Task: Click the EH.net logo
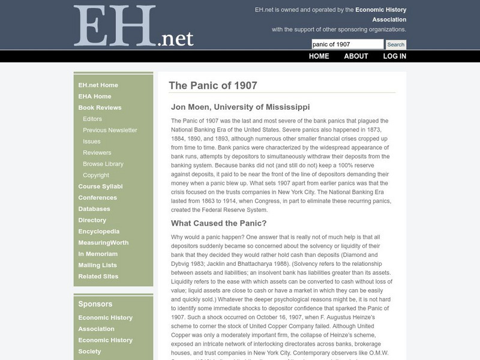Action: pyautogui.click(x=133, y=27)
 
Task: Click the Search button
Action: pyautogui.click(x=395, y=44)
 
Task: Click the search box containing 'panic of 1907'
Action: pyautogui.click(x=347, y=44)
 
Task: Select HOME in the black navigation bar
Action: pyautogui.click(x=319, y=56)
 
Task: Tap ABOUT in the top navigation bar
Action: pyautogui.click(x=356, y=56)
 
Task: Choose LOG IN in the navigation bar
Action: pyautogui.click(x=394, y=56)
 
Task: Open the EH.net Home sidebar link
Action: pyautogui.click(x=98, y=85)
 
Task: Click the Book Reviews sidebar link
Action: pyautogui.click(x=100, y=107)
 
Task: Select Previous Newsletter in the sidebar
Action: pyautogui.click(x=110, y=130)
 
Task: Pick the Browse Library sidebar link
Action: pyautogui.click(x=103, y=164)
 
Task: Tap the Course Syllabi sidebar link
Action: pyautogui.click(x=100, y=187)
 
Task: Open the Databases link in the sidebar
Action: pyautogui.click(x=94, y=209)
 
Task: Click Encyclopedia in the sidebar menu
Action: pyautogui.click(x=99, y=232)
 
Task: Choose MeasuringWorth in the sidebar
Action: pyautogui.click(x=103, y=243)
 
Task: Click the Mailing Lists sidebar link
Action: pyautogui.click(x=97, y=265)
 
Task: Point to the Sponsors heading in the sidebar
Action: pyautogui.click(x=95, y=304)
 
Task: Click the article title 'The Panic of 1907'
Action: pyautogui.click(x=213, y=86)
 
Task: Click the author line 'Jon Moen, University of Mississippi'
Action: pyautogui.click(x=240, y=107)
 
